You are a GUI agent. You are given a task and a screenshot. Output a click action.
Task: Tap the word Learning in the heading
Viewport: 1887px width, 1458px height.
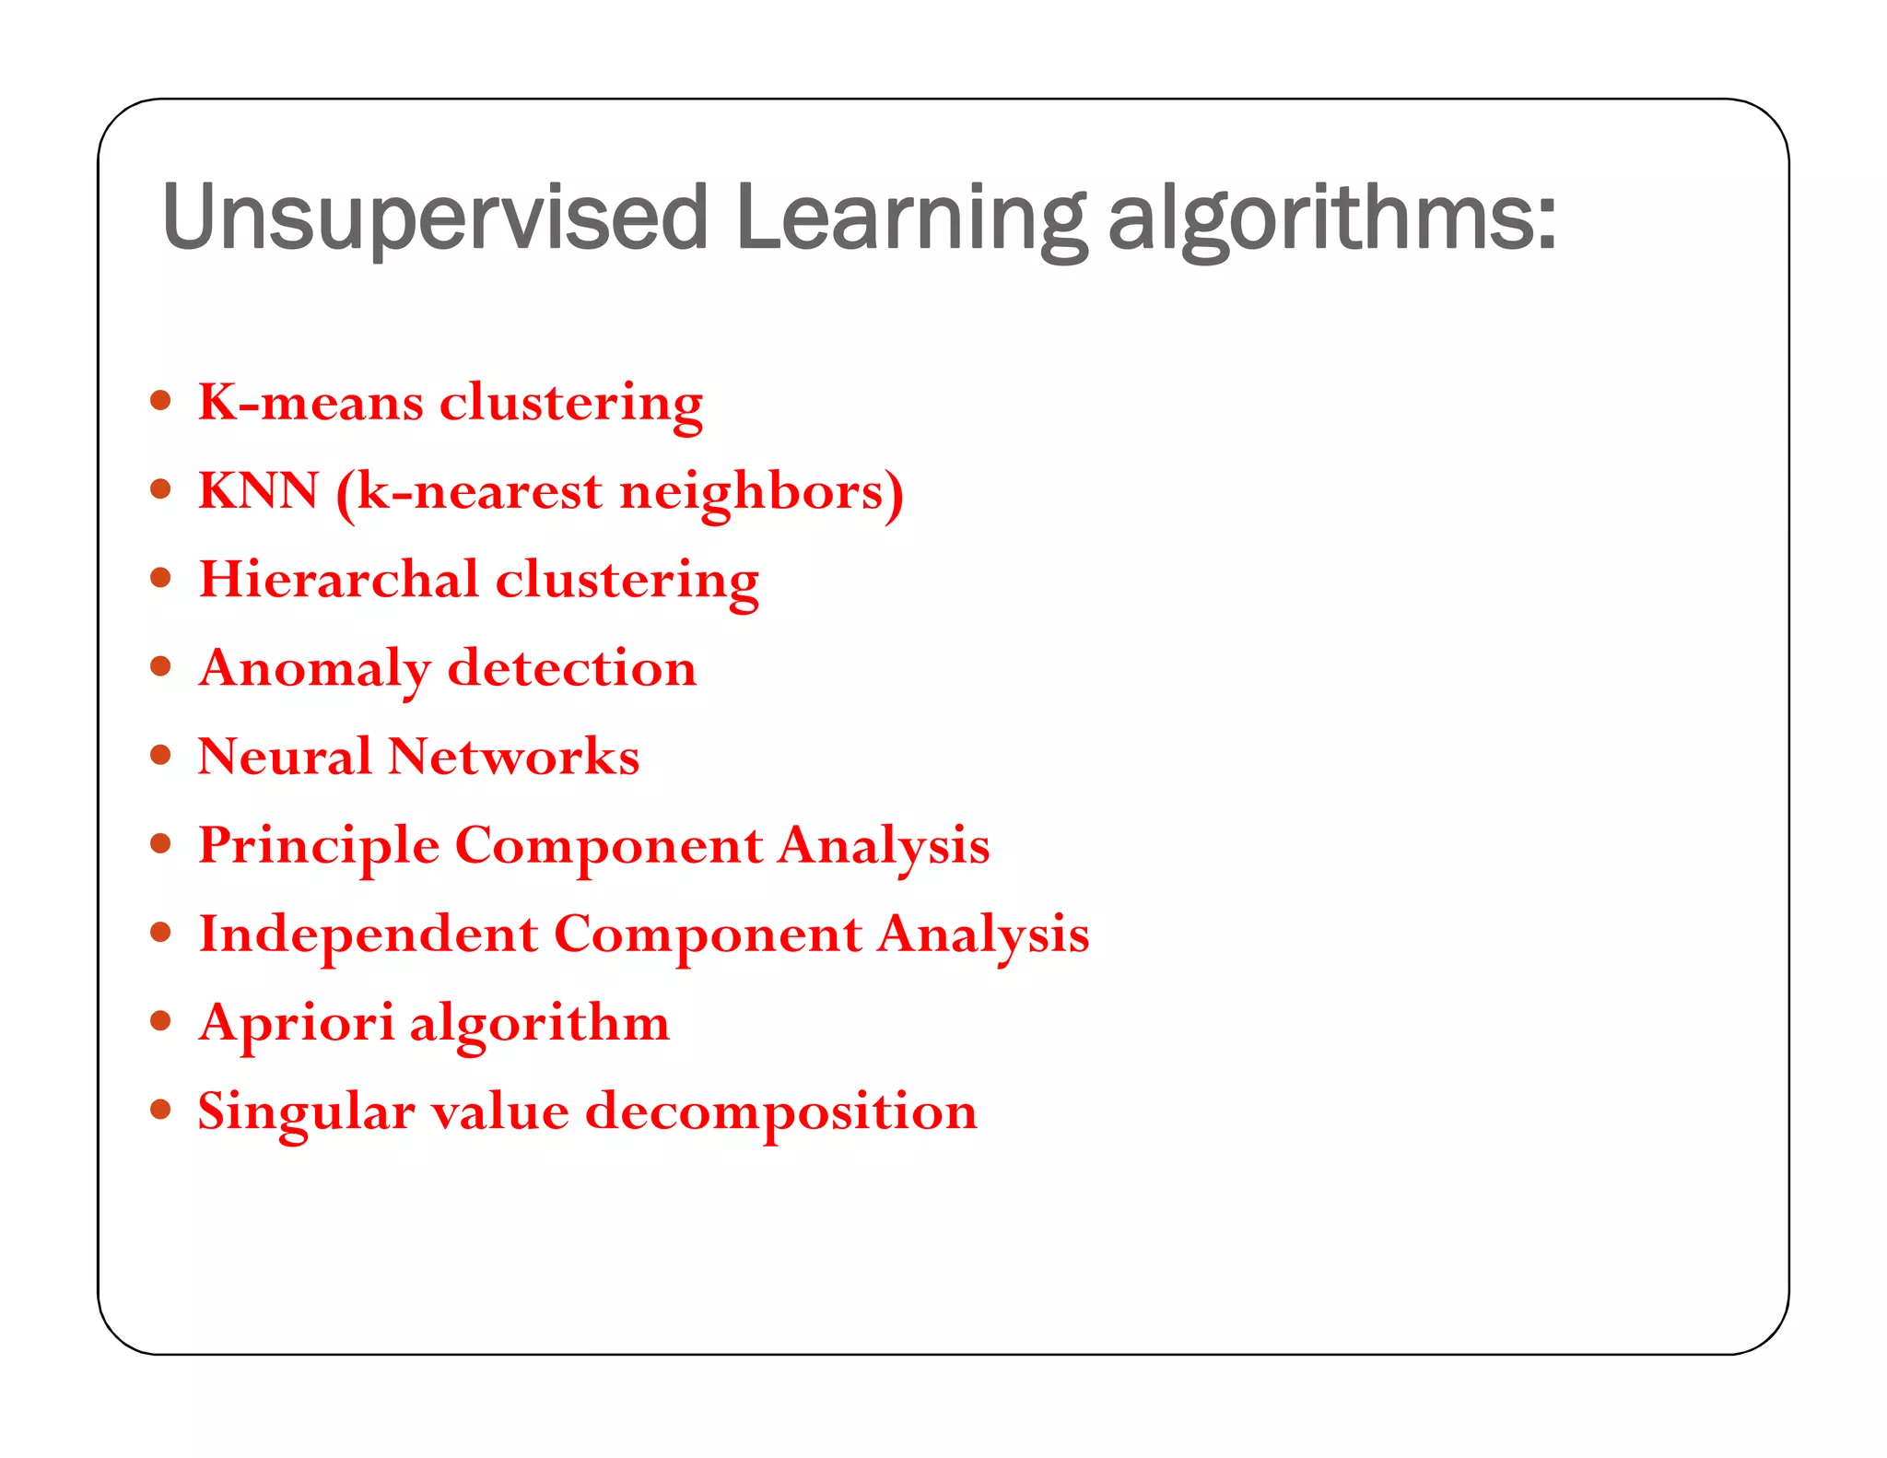pos(910,219)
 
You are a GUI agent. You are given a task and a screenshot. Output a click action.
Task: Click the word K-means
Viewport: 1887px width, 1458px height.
pos(311,402)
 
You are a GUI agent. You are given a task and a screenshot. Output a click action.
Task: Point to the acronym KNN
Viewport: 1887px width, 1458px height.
pos(259,490)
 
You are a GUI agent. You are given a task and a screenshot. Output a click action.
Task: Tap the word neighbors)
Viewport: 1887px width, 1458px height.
pos(761,492)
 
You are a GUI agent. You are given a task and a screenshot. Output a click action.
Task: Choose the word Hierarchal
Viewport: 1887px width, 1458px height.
pos(338,579)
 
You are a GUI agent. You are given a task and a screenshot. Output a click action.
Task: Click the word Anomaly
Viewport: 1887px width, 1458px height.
pos(314,669)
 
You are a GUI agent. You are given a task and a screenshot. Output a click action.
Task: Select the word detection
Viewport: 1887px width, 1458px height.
pos(571,667)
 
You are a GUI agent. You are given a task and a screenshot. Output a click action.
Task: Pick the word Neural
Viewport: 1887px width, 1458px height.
pos(285,756)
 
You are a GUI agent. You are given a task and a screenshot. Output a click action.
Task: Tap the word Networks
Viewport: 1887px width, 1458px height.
pos(513,756)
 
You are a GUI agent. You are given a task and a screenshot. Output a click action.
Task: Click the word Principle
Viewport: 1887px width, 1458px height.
pos(319,846)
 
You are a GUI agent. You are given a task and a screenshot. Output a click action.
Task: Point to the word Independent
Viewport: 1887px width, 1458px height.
pos(369,935)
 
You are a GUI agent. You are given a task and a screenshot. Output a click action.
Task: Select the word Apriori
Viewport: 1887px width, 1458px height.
pos(296,1023)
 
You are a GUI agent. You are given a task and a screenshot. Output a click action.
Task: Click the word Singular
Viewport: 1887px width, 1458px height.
pos(306,1111)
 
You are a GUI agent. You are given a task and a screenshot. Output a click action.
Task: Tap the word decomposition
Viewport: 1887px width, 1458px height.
pos(781,1111)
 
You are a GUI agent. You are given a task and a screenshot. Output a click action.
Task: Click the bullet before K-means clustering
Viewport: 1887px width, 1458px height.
pos(161,400)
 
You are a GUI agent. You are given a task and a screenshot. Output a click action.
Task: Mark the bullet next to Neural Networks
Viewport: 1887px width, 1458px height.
pos(161,755)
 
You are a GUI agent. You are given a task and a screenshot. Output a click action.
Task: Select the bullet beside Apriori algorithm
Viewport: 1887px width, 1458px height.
pos(161,1020)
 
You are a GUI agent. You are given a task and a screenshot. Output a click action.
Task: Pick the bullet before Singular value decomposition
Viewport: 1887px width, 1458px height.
pos(161,1109)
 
